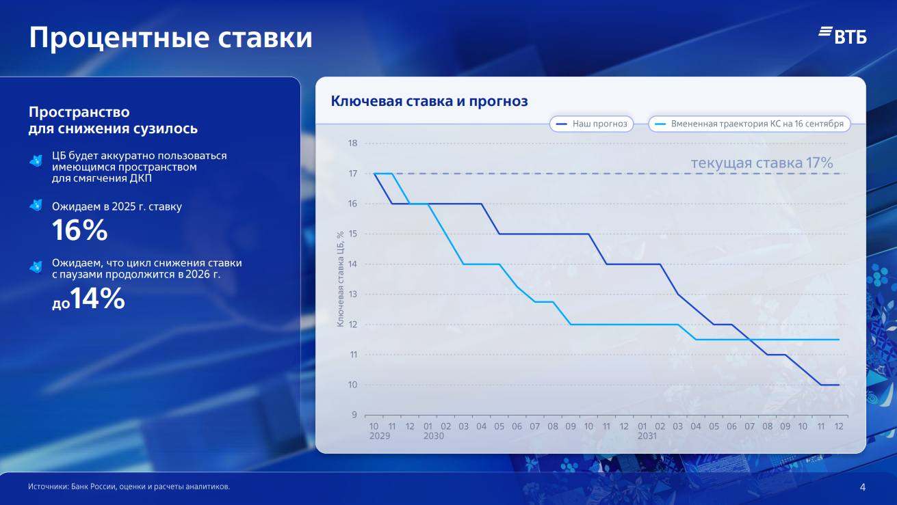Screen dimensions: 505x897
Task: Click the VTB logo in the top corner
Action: click(x=842, y=36)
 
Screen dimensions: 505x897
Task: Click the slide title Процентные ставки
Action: click(x=170, y=38)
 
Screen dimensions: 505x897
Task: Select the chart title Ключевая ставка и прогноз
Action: click(x=430, y=101)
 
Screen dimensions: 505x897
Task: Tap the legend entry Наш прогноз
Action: click(x=592, y=124)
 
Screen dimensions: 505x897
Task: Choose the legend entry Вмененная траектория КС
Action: click(x=750, y=124)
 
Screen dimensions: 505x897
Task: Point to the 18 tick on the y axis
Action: click(x=353, y=144)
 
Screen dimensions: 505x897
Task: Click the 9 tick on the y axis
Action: click(x=354, y=415)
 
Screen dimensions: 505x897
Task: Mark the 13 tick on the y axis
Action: click(x=353, y=295)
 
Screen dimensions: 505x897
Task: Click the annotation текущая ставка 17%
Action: click(x=762, y=163)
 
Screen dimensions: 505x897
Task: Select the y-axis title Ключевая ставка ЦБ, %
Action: click(x=340, y=279)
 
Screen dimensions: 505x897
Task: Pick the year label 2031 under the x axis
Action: click(x=647, y=436)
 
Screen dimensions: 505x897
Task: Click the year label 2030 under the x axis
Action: click(x=433, y=436)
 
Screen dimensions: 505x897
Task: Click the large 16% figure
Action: click(x=80, y=231)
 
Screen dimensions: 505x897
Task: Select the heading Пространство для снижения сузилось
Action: click(x=113, y=120)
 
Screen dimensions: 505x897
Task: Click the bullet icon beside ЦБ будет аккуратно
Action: click(x=36, y=161)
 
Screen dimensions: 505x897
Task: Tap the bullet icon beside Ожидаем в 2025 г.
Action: click(x=36, y=206)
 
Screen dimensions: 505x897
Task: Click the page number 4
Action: click(x=862, y=487)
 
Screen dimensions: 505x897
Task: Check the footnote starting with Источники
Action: click(x=129, y=487)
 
